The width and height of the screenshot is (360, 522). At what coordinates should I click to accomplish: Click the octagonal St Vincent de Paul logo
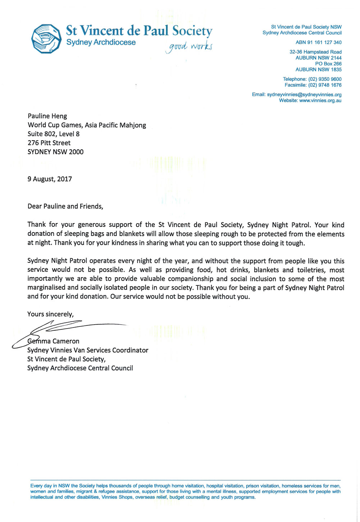(x=47, y=38)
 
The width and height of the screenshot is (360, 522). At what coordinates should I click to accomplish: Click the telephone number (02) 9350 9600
(x=325, y=79)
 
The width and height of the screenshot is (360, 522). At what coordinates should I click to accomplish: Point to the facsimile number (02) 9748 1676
(x=325, y=85)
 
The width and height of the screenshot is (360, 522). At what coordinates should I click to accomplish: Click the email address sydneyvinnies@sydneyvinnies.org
(x=304, y=95)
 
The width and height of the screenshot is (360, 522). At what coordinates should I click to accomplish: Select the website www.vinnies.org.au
(x=320, y=101)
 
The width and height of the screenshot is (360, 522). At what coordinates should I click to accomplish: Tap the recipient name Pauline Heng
(x=47, y=116)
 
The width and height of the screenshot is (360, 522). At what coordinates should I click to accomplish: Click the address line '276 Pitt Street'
(x=49, y=143)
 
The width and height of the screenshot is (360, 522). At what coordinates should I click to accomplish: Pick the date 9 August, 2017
(x=50, y=179)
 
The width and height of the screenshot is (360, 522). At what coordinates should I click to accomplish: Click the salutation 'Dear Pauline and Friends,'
(x=65, y=206)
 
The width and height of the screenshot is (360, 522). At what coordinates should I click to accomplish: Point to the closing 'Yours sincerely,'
(x=50, y=314)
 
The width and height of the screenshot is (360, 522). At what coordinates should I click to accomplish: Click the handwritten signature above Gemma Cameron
(x=65, y=329)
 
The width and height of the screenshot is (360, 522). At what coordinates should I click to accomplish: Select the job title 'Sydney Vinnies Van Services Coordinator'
(x=88, y=350)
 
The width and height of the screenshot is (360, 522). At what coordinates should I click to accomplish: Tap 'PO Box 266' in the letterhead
(x=328, y=64)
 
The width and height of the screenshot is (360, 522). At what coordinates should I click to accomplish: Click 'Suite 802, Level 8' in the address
(x=54, y=134)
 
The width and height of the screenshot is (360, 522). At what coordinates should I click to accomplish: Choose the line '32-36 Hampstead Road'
(x=315, y=52)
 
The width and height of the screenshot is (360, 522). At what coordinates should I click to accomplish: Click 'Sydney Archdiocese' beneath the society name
(x=101, y=42)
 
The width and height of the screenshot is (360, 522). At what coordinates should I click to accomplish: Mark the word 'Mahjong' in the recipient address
(x=133, y=125)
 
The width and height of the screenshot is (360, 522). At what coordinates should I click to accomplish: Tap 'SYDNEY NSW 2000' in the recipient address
(x=55, y=152)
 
